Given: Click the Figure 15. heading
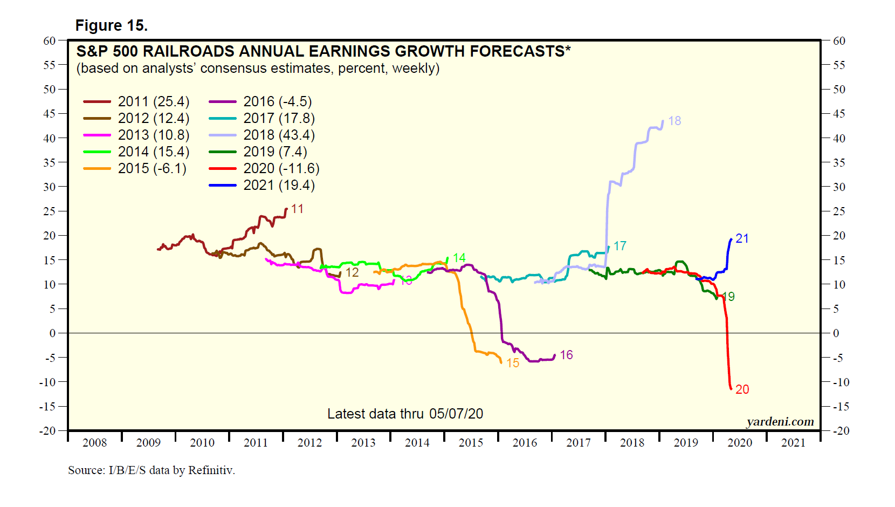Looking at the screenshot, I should tap(111, 25).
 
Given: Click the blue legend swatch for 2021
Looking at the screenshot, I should tap(222, 185).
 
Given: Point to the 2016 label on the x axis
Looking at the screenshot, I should tap(525, 443).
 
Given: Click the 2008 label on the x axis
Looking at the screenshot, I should tap(95, 443).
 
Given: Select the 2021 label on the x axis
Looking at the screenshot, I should tap(793, 443).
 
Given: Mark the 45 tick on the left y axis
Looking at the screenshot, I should tap(50, 114).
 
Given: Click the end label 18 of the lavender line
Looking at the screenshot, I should tap(674, 121).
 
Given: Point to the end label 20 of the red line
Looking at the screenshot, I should tap(742, 389).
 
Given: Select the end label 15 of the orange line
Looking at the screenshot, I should tap(513, 363).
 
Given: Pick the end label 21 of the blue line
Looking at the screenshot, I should tap(742, 238).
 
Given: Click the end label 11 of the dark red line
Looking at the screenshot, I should tap(297, 209).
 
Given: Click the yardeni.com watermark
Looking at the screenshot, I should tap(780, 422).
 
